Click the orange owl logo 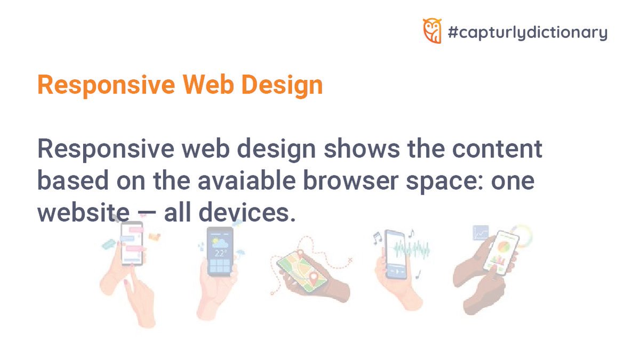coord(431,30)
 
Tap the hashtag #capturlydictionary coord(527,33)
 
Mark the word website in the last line coord(83,214)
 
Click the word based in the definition coord(71,182)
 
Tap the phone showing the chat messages coord(132,243)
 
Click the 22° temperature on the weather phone coord(220,253)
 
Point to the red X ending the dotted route coord(350,260)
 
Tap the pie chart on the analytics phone coord(503,246)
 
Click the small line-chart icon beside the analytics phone coord(481,233)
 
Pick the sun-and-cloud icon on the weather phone coord(219,243)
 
